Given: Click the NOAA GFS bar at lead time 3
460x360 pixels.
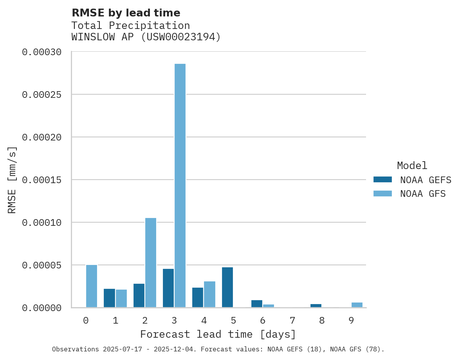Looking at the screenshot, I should click(180, 185).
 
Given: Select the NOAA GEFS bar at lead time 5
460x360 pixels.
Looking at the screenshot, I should click(227, 287).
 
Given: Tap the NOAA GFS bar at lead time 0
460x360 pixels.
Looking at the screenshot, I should click(92, 286).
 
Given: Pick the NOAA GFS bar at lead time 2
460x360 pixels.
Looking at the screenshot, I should click(151, 263).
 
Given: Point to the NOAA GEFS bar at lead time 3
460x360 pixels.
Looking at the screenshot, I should click(168, 288).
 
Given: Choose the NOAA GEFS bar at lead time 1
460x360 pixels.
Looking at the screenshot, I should click(109, 298).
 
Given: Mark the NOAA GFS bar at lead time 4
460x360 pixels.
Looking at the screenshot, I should click(209, 294).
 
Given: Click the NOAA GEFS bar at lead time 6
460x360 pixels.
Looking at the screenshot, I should click(257, 304).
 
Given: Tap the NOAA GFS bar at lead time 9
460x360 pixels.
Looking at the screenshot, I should click(357, 305).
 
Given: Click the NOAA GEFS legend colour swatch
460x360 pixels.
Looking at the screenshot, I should click(382, 180).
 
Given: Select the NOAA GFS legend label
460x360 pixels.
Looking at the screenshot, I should click(423, 194).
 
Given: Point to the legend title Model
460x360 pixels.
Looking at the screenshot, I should click(412, 166).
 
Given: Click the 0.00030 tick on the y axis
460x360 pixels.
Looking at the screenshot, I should click(47, 52).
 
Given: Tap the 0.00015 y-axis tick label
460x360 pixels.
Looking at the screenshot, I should click(47, 180).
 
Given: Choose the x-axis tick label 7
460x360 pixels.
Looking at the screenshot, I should click(292, 321).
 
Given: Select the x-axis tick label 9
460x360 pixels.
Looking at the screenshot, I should click(351, 321).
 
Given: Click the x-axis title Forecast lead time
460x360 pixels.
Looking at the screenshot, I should click(218, 335).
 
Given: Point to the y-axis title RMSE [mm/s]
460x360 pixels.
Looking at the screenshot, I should click(12, 180).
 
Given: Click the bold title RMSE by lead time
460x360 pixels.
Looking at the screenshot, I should click(126, 13).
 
